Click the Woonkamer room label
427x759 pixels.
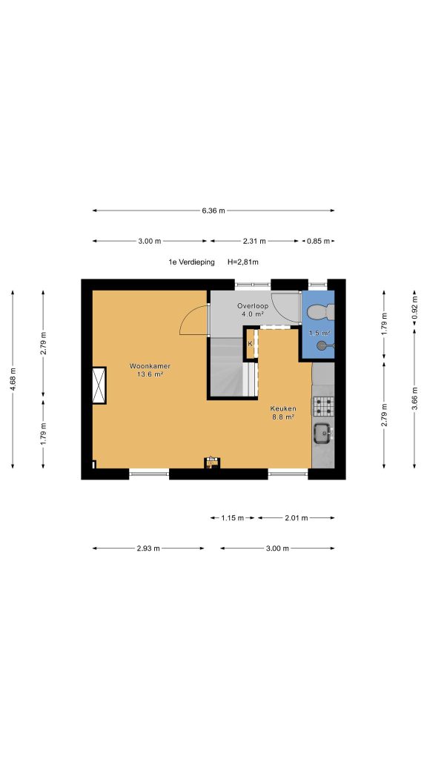coord(150,366)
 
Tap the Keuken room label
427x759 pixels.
coord(283,408)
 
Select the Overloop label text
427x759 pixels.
coord(252,306)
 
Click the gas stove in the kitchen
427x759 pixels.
coord(323,405)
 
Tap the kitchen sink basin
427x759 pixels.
coord(322,432)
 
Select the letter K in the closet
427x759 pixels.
coord(251,344)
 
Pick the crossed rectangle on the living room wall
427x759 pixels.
coord(99,385)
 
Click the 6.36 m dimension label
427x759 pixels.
coord(213,211)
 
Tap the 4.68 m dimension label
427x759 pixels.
coord(13,379)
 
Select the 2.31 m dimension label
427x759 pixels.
coord(254,241)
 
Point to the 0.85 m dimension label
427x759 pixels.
coord(318,241)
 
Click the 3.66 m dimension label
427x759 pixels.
coord(414,397)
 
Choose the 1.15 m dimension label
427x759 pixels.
coord(232,518)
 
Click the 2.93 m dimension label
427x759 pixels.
coord(148,548)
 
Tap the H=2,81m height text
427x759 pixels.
coord(243,262)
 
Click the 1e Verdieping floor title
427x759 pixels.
coord(191,262)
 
